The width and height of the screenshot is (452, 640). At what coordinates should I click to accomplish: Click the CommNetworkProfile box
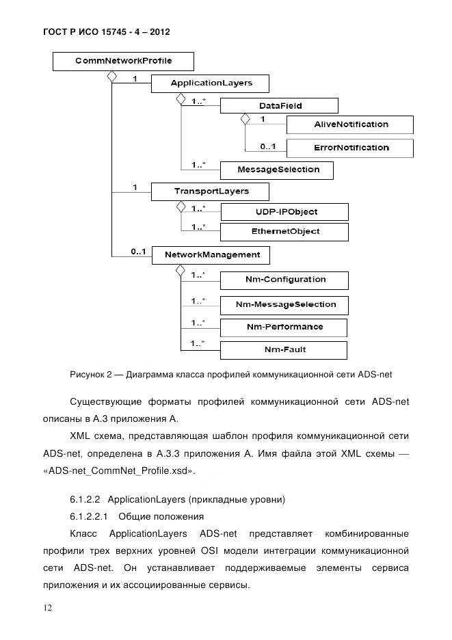click(x=123, y=62)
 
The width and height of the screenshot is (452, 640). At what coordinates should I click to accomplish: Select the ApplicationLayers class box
click(x=210, y=83)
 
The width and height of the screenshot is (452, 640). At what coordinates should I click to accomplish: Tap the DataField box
click(x=279, y=106)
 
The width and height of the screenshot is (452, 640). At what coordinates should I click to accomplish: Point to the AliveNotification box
click(x=349, y=124)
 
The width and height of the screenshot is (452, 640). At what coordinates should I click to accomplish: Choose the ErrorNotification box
click(x=349, y=148)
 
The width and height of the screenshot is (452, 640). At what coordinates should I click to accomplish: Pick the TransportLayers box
click(x=210, y=191)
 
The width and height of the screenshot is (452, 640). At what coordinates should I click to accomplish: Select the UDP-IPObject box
click(x=284, y=212)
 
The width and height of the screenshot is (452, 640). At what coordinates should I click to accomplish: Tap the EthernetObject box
click(x=284, y=232)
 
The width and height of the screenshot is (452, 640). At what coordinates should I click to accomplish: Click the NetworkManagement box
click(x=210, y=255)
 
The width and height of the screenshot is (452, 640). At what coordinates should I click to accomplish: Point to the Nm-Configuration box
click(x=284, y=280)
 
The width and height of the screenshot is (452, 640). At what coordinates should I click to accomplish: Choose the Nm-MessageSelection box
click(x=284, y=304)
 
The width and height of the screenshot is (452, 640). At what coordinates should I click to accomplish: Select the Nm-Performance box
click(x=284, y=328)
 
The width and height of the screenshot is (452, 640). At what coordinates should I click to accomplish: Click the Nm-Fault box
click(x=284, y=350)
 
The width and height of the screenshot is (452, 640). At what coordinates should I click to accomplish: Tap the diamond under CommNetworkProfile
click(x=111, y=77)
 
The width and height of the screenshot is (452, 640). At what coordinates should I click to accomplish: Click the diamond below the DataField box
click(x=244, y=119)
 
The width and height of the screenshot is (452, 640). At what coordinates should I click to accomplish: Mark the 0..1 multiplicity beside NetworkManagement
click(x=137, y=252)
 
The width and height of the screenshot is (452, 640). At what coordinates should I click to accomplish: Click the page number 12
click(x=46, y=608)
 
